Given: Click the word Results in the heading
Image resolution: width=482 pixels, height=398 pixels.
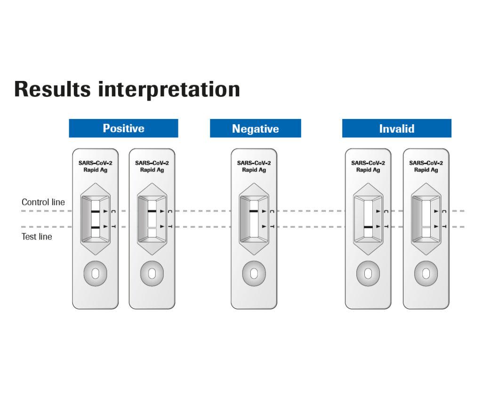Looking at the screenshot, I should (x=52, y=89).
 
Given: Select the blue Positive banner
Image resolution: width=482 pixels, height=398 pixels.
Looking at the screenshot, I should (x=123, y=128).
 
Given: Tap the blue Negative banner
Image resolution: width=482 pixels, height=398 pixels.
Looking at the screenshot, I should (x=255, y=128).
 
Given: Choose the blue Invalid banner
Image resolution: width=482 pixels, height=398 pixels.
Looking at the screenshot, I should (x=396, y=128).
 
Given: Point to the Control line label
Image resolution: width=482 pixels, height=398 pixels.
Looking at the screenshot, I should (x=43, y=202).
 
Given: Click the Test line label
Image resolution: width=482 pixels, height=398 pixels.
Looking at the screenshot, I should (x=37, y=237).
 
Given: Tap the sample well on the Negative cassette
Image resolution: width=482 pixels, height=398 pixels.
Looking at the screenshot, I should (x=254, y=273).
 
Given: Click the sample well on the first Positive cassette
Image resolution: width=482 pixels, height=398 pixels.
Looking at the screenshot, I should (x=95, y=273).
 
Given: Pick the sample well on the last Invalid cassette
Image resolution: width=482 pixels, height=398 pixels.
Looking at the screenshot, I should (x=426, y=273).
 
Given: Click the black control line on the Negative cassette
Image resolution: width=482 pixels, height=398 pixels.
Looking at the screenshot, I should (x=254, y=212).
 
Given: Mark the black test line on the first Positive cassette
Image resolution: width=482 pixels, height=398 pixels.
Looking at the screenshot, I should (x=95, y=227).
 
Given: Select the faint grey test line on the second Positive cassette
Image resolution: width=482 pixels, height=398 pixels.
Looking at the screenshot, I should (x=152, y=227).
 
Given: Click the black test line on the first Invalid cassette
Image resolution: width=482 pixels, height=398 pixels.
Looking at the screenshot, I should (x=368, y=227).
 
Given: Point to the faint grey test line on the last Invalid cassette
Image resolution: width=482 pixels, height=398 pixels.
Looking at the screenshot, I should (x=426, y=227).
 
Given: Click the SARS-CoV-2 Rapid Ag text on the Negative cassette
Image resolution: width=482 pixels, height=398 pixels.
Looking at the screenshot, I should (x=254, y=167).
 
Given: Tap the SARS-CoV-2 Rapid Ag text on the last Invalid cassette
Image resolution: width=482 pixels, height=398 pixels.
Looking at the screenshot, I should (x=426, y=167).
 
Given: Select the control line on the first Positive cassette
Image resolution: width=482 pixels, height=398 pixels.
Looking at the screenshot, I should (x=95, y=212).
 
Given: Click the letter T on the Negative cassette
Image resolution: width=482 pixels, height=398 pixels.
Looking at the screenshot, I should (x=272, y=227).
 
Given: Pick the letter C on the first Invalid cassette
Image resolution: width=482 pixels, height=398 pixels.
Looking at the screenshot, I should (x=386, y=212).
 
